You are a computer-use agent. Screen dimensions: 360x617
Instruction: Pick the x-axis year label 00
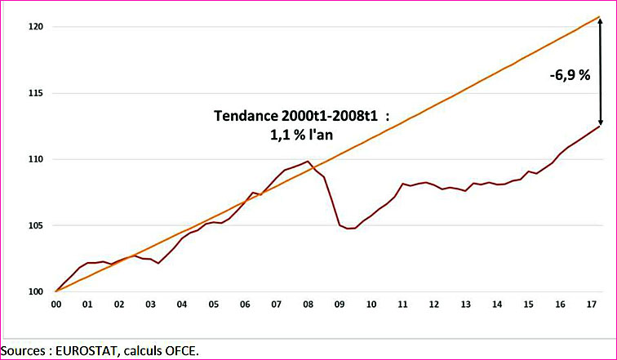click(55, 304)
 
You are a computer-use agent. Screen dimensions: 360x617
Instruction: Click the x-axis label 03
click(149, 304)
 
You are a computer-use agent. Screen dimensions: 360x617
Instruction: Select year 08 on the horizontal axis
click(308, 304)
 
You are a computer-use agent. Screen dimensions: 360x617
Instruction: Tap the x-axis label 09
click(340, 304)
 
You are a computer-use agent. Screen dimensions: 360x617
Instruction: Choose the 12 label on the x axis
click(434, 304)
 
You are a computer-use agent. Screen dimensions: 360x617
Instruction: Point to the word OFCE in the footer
click(178, 350)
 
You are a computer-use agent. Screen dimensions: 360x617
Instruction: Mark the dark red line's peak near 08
click(307, 162)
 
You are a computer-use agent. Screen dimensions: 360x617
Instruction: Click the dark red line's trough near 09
click(348, 229)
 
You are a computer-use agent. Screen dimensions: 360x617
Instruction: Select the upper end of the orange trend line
click(601, 17)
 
